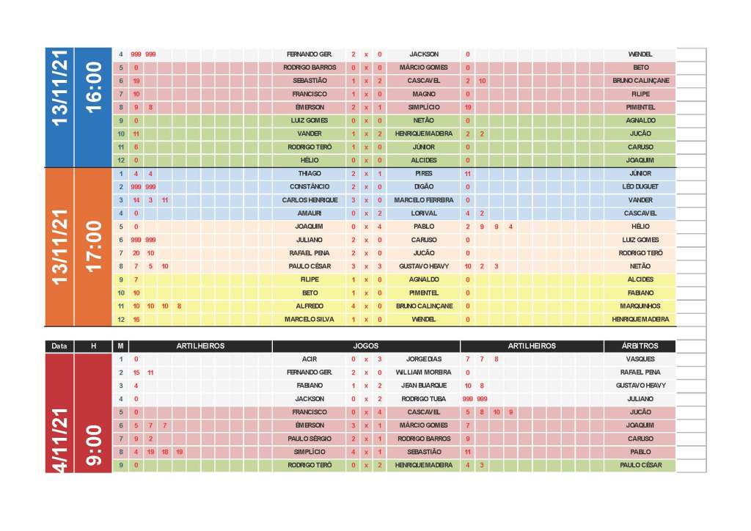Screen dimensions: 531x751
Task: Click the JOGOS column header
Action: pyautogui.click(x=365, y=346)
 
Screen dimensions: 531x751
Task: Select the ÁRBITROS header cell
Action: pyautogui.click(x=640, y=346)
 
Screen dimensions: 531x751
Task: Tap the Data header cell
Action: pyautogui.click(x=59, y=346)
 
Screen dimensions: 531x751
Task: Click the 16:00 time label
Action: pyautogui.click(x=93, y=87)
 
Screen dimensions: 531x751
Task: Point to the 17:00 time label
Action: pyautogui.click(x=93, y=246)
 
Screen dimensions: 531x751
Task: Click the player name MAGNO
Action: pyautogui.click(x=424, y=94)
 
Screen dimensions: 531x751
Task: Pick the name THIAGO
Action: pyautogui.click(x=309, y=174)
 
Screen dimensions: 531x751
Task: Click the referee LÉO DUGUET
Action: pyautogui.click(x=640, y=187)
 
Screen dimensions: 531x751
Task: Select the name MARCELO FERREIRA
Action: pyautogui.click(x=424, y=200)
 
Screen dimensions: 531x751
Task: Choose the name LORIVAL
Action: pyautogui.click(x=424, y=213)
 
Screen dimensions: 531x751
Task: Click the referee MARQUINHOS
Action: pyautogui.click(x=640, y=307)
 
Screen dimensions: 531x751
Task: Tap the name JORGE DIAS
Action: pyautogui.click(x=424, y=359)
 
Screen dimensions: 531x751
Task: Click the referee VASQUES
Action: pyautogui.click(x=640, y=359)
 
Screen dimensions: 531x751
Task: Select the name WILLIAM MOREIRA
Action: pyautogui.click(x=424, y=373)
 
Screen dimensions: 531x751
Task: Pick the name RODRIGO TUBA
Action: pyautogui.click(x=424, y=399)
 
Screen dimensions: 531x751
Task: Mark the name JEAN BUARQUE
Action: pyautogui.click(x=424, y=386)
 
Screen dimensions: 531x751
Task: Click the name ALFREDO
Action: pyautogui.click(x=309, y=307)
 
